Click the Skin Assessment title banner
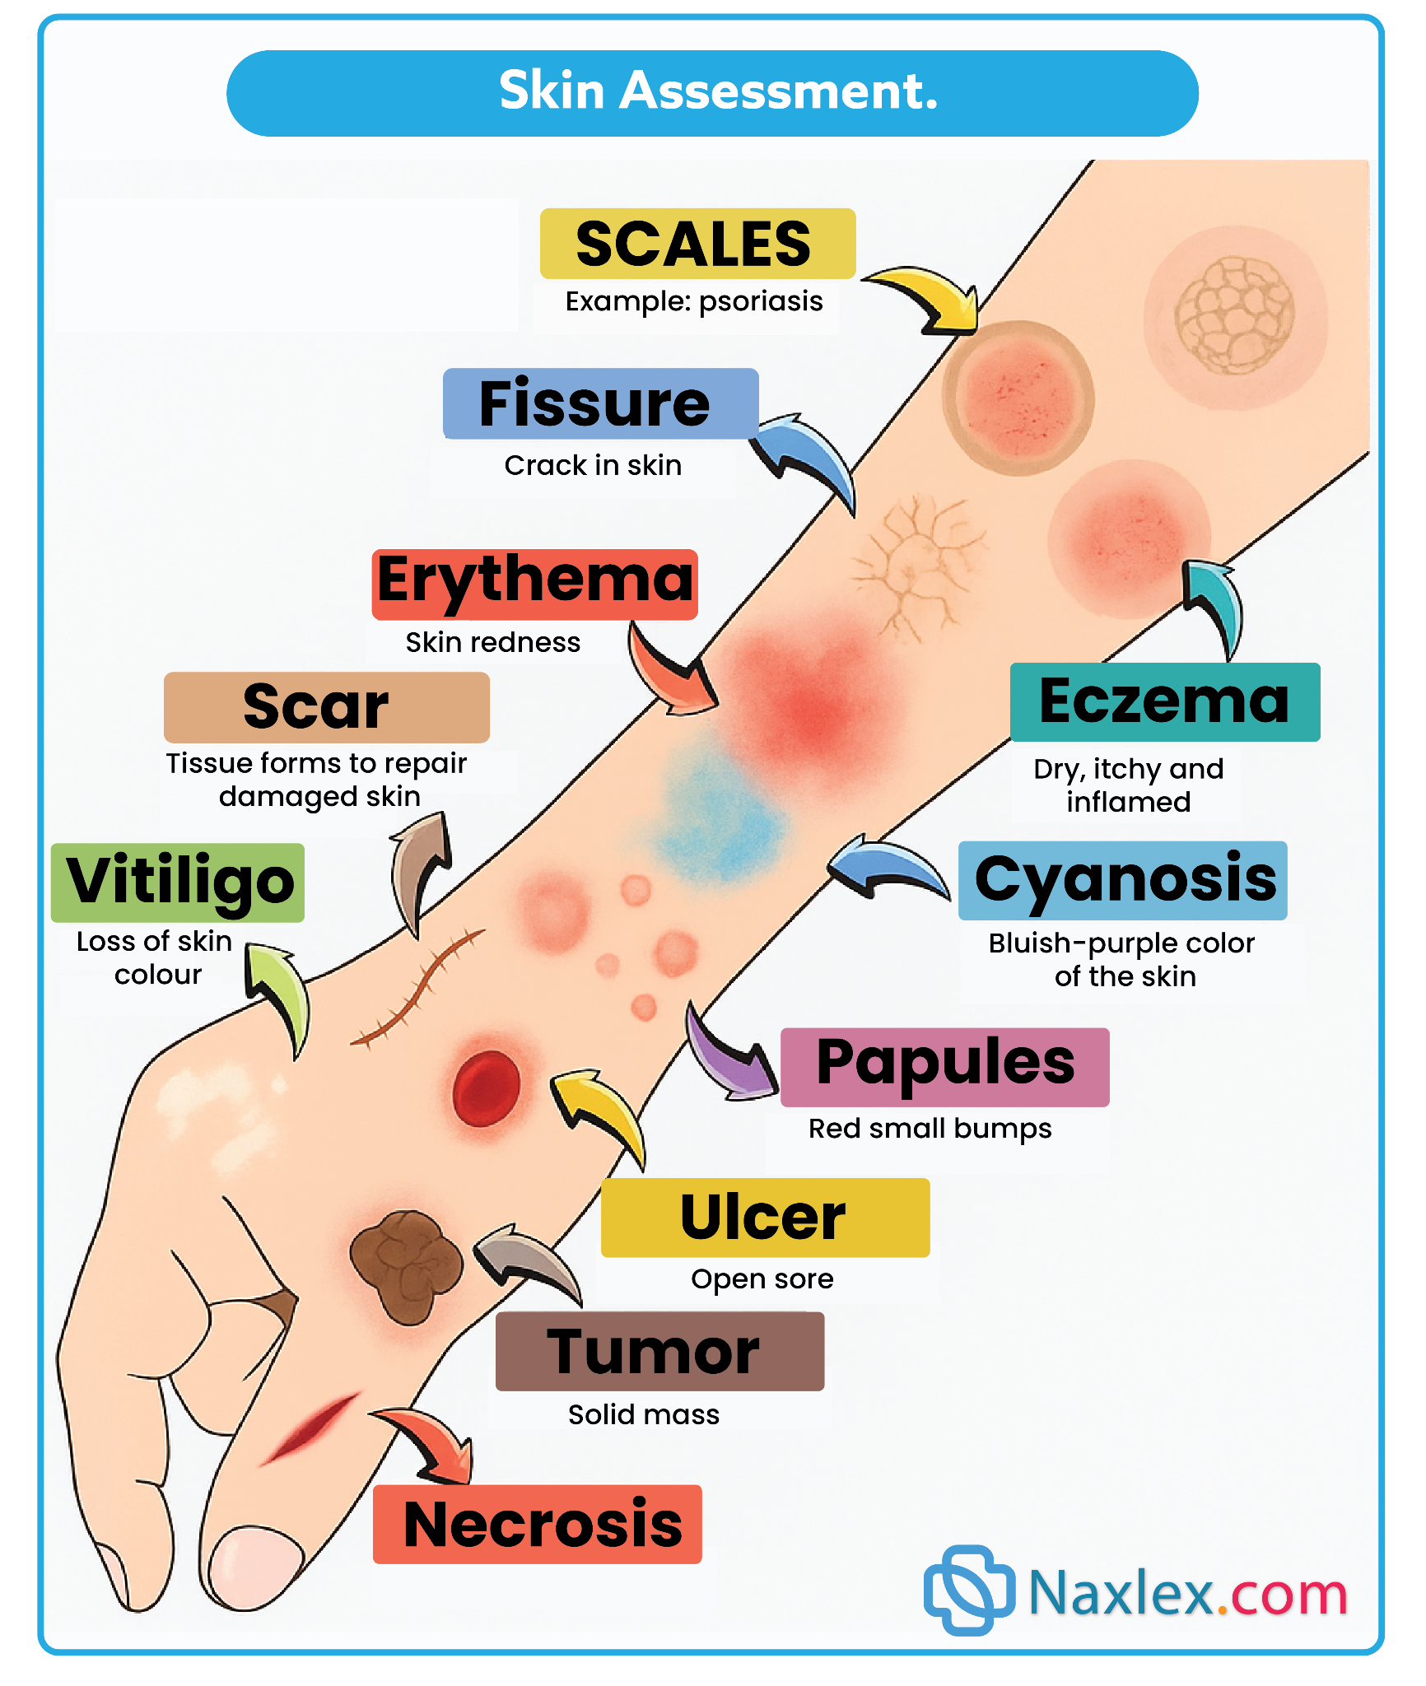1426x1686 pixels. click(712, 93)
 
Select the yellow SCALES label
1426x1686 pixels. click(697, 244)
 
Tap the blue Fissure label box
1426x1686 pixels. click(599, 403)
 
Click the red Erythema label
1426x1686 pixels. click(534, 584)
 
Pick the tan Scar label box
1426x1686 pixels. click(326, 706)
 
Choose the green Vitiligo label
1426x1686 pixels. click(177, 882)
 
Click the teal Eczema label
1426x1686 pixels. click(1164, 701)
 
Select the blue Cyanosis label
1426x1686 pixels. click(1122, 879)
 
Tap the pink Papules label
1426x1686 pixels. click(944, 1066)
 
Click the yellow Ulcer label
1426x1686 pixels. click(765, 1217)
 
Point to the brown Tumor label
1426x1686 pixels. click(659, 1351)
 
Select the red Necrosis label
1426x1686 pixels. click(537, 1524)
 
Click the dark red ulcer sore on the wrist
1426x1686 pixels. click(486, 1088)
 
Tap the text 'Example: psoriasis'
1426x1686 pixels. click(693, 301)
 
